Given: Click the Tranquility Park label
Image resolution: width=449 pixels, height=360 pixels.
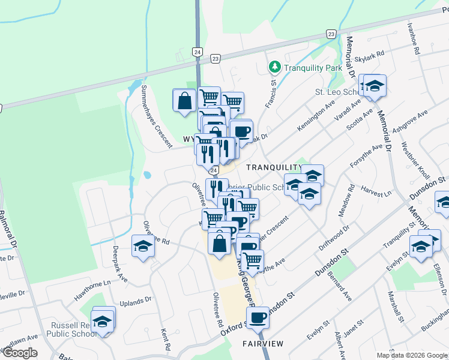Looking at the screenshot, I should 313,68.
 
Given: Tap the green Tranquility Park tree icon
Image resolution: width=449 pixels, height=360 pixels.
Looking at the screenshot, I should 275,66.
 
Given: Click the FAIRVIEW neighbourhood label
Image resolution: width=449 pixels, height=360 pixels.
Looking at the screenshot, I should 263,344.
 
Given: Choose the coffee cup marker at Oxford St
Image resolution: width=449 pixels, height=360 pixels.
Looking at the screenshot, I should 258,318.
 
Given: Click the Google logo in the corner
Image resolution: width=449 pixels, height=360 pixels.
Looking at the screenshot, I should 19,353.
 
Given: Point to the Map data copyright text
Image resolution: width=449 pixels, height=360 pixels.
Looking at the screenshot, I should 412,355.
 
